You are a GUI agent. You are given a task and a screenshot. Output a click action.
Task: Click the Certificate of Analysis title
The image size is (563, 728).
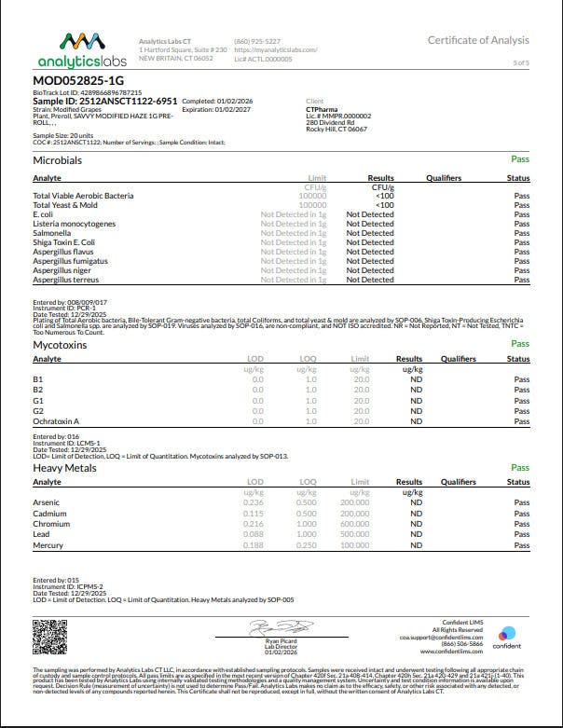[x=478, y=40]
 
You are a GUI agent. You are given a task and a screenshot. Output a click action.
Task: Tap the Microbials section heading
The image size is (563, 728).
[x=58, y=161]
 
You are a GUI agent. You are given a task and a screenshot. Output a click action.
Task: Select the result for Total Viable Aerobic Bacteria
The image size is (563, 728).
[x=383, y=196]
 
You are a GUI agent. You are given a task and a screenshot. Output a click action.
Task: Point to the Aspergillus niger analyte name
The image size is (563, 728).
[x=62, y=270]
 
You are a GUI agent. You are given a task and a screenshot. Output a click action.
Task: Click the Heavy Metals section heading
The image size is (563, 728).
[x=65, y=468]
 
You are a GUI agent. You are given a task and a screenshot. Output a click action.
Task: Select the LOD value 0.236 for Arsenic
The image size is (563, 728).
[x=253, y=502]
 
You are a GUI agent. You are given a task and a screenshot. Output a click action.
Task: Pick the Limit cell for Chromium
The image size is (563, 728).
[x=354, y=524]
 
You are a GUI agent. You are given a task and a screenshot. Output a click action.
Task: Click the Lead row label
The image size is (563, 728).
[x=42, y=534]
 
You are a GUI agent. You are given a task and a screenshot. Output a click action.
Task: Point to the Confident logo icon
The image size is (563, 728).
[x=507, y=632]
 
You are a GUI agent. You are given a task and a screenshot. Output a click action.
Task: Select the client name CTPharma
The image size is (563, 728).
[x=323, y=108]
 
